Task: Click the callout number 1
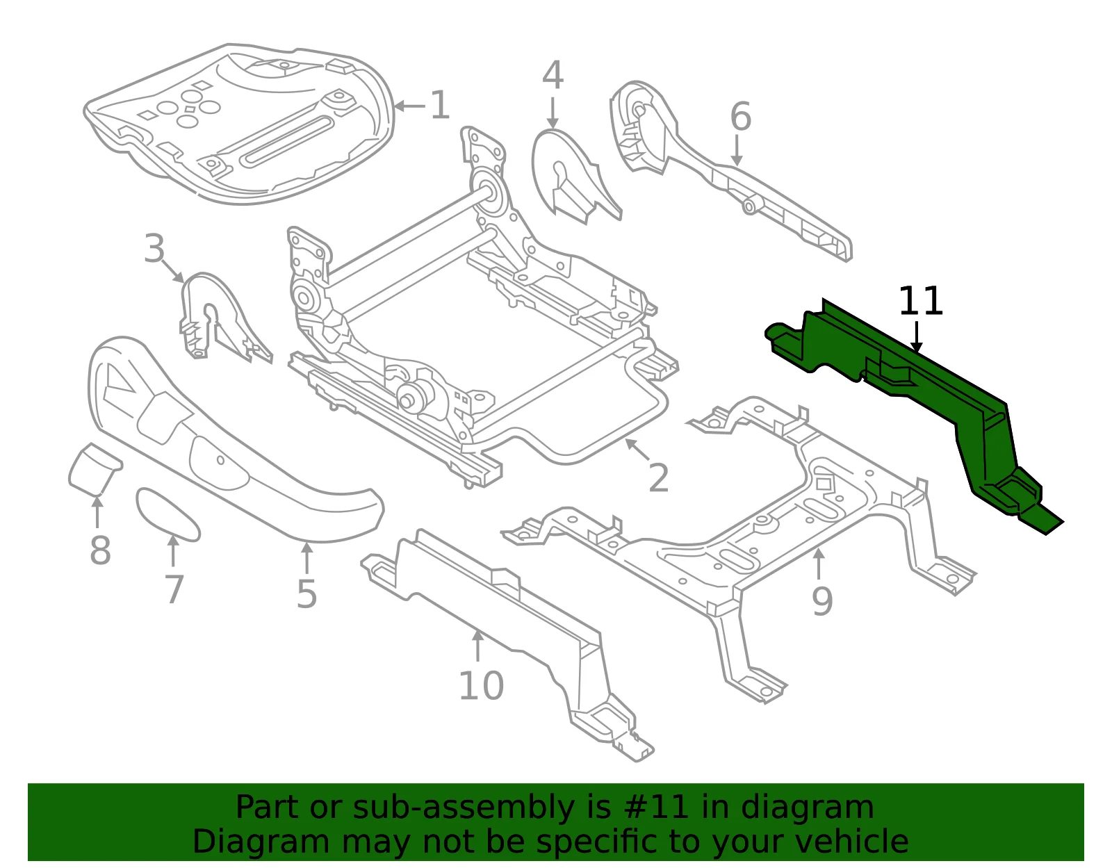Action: coord(439,106)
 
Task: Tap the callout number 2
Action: coord(658,478)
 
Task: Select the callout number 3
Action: coord(154,249)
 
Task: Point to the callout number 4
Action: coord(553,75)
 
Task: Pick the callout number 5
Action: coord(306,594)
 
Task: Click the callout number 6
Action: coord(740,116)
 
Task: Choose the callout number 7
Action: coord(174,589)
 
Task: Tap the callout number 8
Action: coord(100,550)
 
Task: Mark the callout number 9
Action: coord(822,602)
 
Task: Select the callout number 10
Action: coord(481,686)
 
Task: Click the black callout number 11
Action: coord(921,302)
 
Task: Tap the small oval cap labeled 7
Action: coord(168,514)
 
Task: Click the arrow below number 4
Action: coord(552,113)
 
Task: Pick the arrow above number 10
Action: coord(477,646)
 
